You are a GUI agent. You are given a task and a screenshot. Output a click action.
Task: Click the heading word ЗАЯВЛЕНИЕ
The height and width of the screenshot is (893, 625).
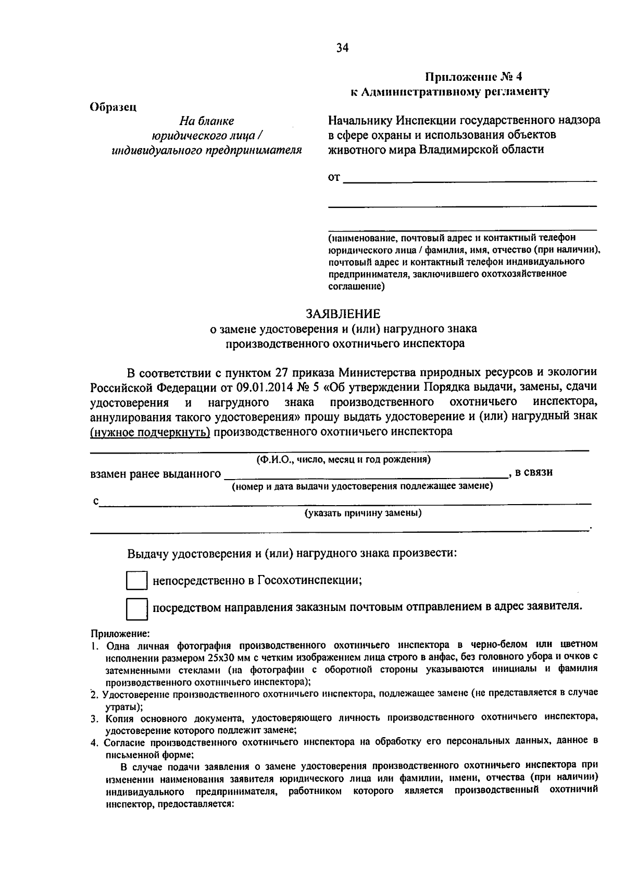(x=343, y=314)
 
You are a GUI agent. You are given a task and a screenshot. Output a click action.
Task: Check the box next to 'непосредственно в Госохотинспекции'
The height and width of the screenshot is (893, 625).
(x=137, y=580)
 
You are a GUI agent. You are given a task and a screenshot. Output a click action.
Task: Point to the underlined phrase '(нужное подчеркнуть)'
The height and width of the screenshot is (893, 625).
(x=150, y=432)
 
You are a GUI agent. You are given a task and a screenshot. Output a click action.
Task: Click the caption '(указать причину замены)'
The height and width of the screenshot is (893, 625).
(x=363, y=513)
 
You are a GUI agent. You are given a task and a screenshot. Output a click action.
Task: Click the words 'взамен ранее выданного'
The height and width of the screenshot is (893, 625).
(x=155, y=474)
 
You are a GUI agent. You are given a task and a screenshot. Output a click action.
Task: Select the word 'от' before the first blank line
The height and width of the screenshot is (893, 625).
(x=334, y=178)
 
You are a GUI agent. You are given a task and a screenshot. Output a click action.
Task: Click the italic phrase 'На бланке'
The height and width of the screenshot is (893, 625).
(x=206, y=121)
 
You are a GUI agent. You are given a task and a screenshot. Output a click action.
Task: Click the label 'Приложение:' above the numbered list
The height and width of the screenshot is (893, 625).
(x=120, y=634)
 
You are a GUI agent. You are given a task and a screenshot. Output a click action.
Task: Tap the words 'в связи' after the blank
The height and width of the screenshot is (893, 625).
(x=533, y=472)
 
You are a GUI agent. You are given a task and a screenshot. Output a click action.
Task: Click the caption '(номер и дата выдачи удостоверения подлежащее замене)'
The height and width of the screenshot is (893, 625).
(x=362, y=486)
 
